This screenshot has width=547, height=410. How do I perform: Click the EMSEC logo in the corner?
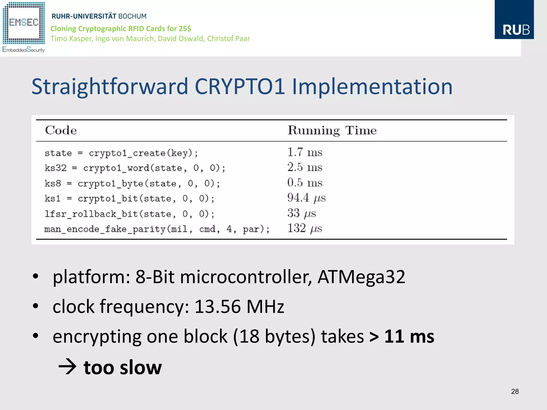[24, 27]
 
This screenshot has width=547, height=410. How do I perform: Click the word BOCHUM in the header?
[132, 16]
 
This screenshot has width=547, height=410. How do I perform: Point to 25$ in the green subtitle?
[185, 29]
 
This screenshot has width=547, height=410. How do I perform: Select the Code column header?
[61, 130]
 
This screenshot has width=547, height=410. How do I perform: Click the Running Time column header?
[332, 130]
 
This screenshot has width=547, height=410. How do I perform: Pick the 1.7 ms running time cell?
[305, 152]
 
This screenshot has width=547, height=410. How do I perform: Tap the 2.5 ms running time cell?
[305, 167]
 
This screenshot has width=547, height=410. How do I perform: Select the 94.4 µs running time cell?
[306, 198]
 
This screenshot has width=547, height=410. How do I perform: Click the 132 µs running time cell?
[305, 228]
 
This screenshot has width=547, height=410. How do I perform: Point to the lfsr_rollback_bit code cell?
[129, 214]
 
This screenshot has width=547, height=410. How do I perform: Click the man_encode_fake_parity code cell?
[157, 229]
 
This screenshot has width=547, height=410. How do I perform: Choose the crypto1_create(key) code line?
[121, 153]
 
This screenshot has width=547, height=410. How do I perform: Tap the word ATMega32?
[361, 277]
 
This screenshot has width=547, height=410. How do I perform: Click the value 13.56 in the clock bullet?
[217, 306]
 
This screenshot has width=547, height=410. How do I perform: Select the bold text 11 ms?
[409, 336]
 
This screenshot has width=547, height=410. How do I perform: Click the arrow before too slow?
[67, 367]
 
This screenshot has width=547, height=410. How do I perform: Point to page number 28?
[515, 391]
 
